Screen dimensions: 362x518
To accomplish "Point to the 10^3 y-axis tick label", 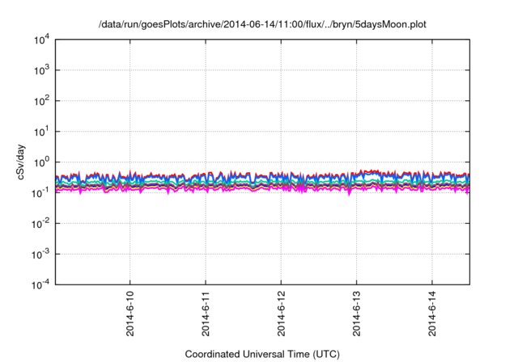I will [42, 70].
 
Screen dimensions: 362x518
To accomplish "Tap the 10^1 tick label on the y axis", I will [42, 131].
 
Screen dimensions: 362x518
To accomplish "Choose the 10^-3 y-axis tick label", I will [41, 253].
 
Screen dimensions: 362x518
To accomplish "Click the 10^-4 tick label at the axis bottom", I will [41, 284].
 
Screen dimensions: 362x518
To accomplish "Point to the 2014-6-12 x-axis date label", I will [282, 314].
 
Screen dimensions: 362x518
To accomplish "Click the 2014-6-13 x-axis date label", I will [357, 314].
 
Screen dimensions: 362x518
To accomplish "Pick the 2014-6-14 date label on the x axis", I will [432, 314].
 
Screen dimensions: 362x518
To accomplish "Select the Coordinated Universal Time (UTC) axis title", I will [262, 354].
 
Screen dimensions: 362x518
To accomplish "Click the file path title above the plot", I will [262, 25].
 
